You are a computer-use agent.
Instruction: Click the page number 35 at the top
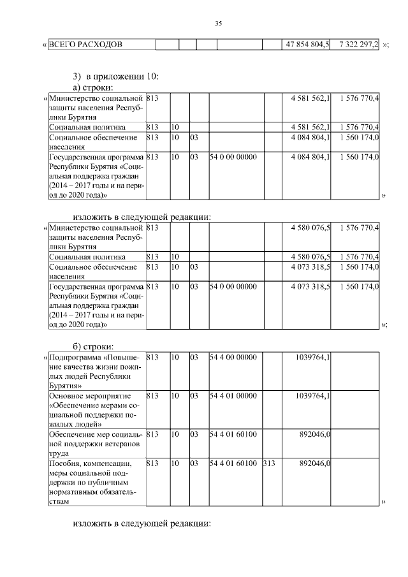218,24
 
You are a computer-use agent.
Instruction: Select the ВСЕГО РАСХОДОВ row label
85,45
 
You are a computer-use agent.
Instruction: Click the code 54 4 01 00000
233,396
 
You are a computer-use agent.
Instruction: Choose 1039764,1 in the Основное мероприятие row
309,396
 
